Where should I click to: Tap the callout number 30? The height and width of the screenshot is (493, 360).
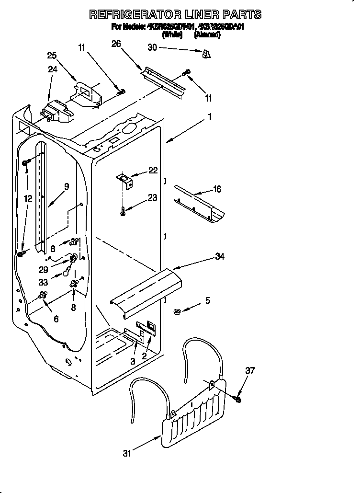click(x=153, y=47)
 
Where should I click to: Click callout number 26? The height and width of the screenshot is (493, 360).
click(x=116, y=44)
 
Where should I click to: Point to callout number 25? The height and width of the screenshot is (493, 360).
click(x=52, y=56)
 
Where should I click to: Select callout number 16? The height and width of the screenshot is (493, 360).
click(x=216, y=189)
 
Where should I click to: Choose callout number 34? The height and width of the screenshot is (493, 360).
click(x=220, y=257)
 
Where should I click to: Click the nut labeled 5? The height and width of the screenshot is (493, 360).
click(x=176, y=312)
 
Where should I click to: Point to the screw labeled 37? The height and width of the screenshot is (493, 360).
click(x=238, y=398)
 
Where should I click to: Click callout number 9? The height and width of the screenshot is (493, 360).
click(x=66, y=186)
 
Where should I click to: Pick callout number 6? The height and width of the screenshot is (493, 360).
click(x=56, y=319)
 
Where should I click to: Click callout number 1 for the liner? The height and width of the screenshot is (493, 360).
click(x=209, y=116)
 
